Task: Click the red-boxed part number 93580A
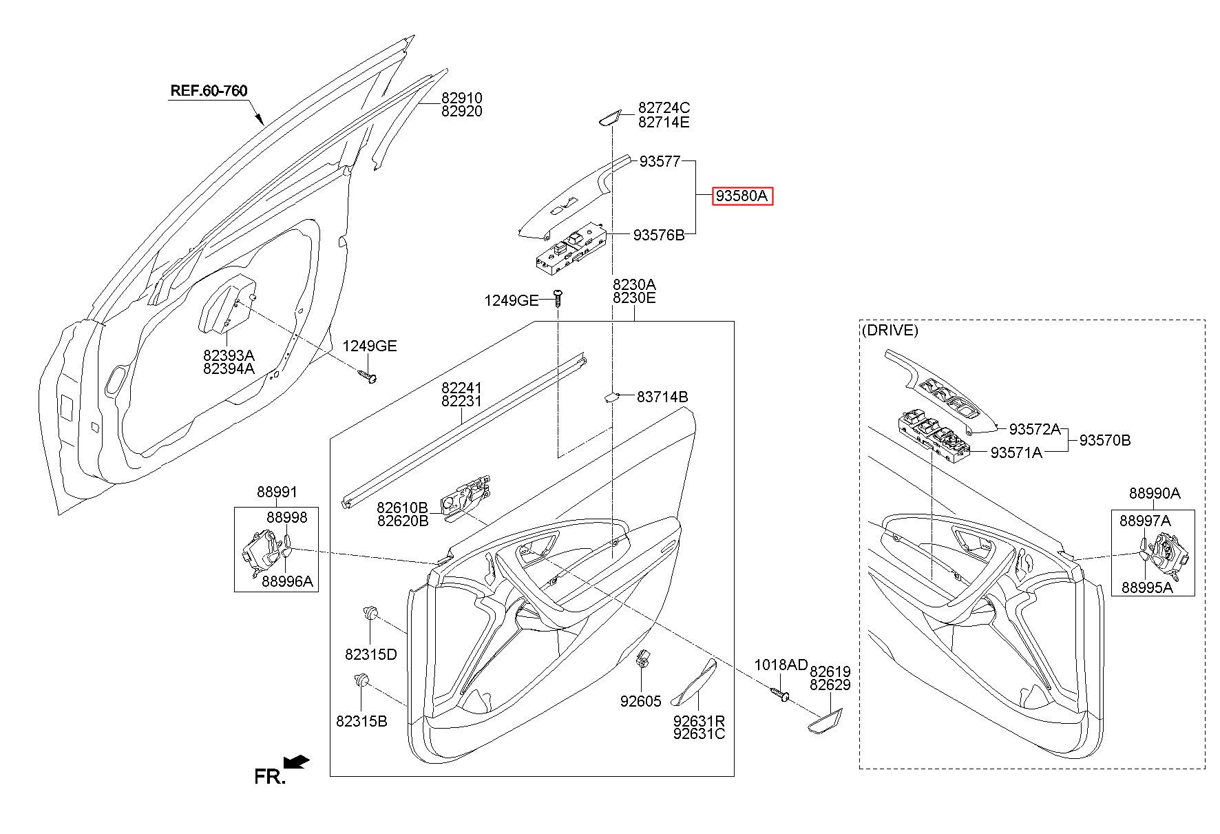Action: click(x=742, y=196)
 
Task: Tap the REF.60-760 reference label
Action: click(x=209, y=90)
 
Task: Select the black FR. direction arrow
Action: click(x=297, y=762)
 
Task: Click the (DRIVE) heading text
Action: click(x=890, y=330)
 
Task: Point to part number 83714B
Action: click(x=662, y=397)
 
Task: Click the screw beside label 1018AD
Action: click(x=781, y=694)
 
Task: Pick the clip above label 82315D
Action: click(x=371, y=612)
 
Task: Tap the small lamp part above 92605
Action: click(x=644, y=659)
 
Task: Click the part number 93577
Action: click(x=660, y=161)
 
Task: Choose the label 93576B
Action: click(x=659, y=236)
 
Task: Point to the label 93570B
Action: click(x=1104, y=440)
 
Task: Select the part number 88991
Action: click(x=277, y=492)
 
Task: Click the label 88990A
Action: click(x=1155, y=493)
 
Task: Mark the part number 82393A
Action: click(x=229, y=355)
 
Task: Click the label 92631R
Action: click(x=699, y=721)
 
